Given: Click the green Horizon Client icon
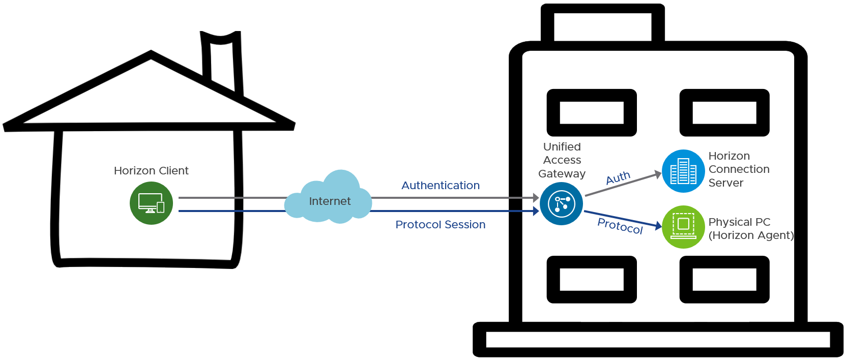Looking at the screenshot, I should click(151, 203).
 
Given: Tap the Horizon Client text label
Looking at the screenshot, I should click(151, 171).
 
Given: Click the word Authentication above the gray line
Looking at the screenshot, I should click(441, 186).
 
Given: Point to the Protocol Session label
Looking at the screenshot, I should click(441, 225).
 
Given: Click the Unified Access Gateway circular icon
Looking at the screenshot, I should click(561, 204).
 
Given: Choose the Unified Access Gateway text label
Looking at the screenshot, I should click(562, 160).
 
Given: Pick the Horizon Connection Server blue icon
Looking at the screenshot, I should click(683, 171).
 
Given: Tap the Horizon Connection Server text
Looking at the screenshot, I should click(739, 169).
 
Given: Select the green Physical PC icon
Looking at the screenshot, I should click(683, 227).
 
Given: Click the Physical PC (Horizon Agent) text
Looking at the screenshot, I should click(751, 229).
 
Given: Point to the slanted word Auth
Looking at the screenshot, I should click(618, 178).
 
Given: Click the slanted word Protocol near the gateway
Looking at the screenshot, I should click(620, 226).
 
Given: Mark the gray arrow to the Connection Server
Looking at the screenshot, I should click(623, 185).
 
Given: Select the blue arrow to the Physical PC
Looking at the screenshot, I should click(623, 219).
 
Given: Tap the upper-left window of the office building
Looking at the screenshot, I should click(592, 112).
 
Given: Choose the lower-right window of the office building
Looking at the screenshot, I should click(724, 279).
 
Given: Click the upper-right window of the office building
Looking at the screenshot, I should click(724, 112).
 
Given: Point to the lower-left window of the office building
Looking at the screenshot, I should click(592, 279).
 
